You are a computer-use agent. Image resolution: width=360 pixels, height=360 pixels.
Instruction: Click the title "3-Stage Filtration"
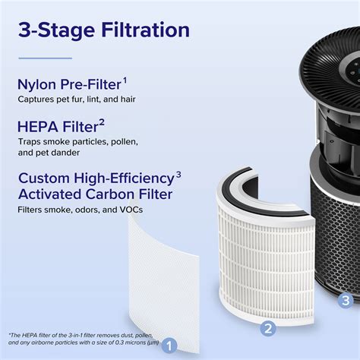point(104,31)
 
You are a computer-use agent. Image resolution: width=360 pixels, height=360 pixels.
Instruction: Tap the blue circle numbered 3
point(346,300)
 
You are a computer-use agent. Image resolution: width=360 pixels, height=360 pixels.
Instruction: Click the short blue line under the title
point(45,58)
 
